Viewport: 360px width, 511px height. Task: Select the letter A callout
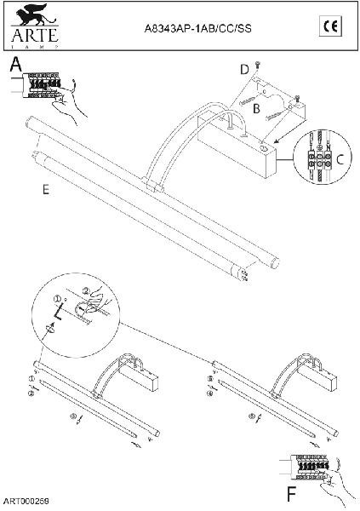15,65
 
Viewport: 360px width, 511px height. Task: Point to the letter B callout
256,108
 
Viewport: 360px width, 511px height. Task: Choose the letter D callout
243,67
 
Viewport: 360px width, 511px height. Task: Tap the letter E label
46,191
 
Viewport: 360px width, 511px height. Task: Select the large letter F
292,494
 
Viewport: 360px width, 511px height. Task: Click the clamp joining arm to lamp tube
155,184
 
